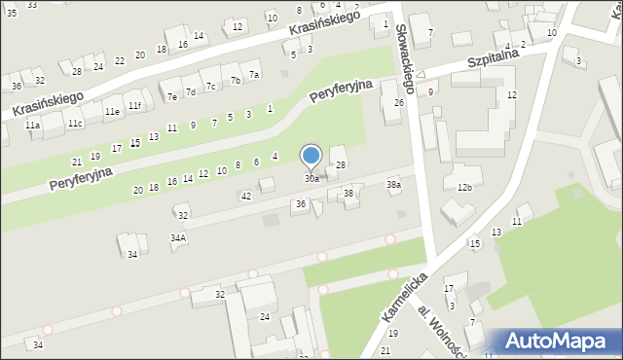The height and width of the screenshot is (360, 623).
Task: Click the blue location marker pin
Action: [311, 157]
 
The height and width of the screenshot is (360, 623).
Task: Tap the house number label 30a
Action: [311, 179]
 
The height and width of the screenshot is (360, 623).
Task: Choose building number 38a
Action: [393, 184]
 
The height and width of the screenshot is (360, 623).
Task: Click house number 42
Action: [246, 197]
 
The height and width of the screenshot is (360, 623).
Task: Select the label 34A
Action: [177, 237]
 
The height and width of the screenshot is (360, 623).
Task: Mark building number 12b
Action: [464, 188]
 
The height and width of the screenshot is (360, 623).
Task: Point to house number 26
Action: [398, 102]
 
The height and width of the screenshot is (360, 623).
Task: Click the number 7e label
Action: [171, 96]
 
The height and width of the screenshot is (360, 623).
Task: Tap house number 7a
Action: [254, 74]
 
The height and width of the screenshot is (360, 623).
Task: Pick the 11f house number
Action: [134, 105]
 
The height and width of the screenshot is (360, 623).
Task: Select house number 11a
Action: [32, 126]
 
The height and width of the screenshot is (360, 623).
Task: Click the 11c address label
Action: [75, 124]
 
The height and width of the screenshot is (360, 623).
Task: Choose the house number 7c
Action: [210, 87]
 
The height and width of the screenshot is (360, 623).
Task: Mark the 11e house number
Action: [112, 112]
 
